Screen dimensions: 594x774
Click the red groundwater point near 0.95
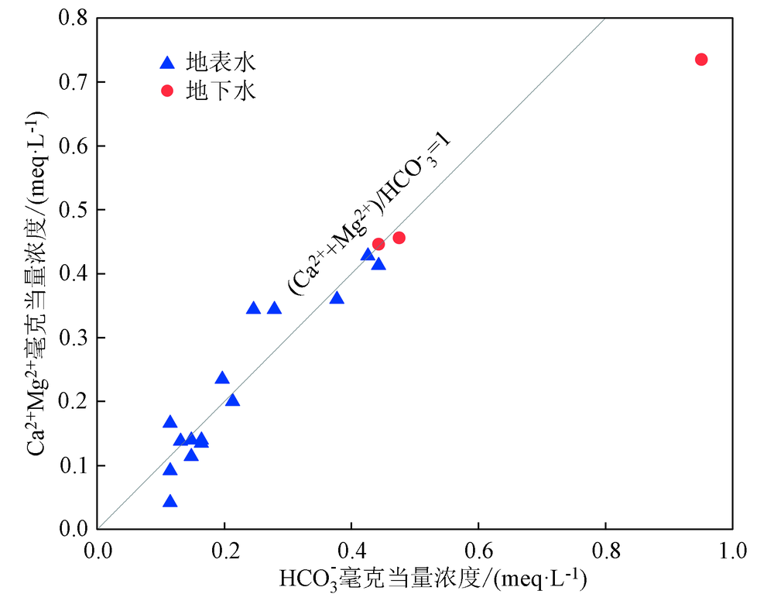[x=701, y=60]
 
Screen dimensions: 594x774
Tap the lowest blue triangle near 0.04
[x=170, y=502]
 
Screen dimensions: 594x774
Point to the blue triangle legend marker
[x=166, y=62]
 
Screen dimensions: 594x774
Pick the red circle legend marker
[x=166, y=91]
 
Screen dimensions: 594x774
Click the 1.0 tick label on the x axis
[x=732, y=551]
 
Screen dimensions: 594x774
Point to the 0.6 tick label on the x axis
[x=478, y=551]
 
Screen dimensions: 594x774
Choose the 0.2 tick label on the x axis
[x=224, y=551]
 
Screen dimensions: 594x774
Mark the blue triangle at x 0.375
[x=336, y=298]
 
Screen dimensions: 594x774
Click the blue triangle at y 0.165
[x=170, y=422]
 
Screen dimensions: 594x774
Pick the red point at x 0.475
[x=399, y=238]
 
